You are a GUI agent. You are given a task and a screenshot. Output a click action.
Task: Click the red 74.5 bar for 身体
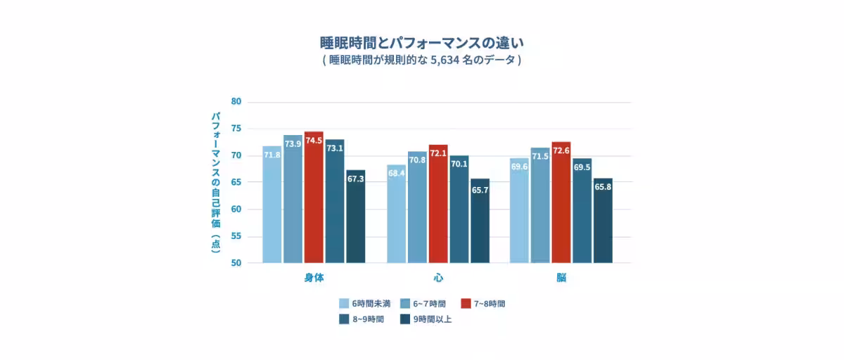click(x=314, y=198)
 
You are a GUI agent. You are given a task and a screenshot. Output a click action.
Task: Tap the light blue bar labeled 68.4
click(x=397, y=214)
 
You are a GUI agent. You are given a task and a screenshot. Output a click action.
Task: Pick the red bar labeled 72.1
click(x=438, y=204)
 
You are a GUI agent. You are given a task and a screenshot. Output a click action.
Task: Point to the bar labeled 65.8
click(x=603, y=221)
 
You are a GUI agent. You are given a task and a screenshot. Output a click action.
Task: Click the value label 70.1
click(x=459, y=165)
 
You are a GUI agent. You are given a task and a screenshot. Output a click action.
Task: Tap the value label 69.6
click(x=520, y=167)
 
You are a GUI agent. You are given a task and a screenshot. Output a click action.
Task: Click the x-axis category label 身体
click(x=314, y=278)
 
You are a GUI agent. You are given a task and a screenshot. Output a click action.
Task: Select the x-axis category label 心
click(x=438, y=278)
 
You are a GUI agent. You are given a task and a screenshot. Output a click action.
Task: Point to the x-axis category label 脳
click(x=561, y=278)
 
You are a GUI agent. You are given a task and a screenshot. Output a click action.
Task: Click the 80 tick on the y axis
click(x=236, y=102)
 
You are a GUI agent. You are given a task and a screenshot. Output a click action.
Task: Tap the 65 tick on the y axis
click(x=236, y=182)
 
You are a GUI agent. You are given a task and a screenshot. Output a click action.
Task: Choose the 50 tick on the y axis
click(x=236, y=263)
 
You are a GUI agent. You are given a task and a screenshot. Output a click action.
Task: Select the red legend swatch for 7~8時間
click(x=466, y=304)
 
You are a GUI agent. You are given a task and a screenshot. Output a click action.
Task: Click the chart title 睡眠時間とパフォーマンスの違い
click(x=422, y=43)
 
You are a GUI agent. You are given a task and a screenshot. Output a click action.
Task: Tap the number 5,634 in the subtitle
click(x=445, y=60)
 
